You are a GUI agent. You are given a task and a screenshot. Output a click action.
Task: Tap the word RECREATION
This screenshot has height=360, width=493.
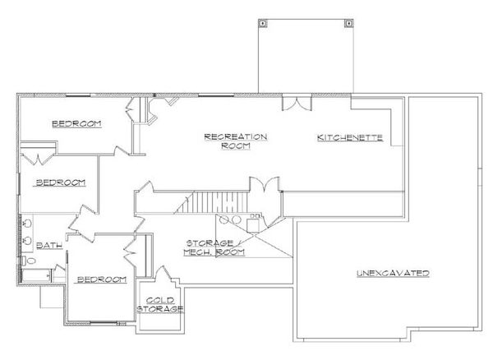tap(228, 136)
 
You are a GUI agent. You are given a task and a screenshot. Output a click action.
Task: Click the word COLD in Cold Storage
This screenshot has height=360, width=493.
tap(159, 301)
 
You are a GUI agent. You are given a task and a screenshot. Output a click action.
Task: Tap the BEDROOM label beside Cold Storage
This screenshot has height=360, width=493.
tap(101, 279)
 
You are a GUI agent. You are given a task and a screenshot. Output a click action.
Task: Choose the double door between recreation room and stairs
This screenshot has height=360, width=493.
tap(264, 189)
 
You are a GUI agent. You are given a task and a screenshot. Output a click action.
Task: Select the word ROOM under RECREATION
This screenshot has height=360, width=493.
tap(228, 146)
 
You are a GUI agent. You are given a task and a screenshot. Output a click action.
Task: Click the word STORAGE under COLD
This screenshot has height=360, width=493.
tap(160, 310)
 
